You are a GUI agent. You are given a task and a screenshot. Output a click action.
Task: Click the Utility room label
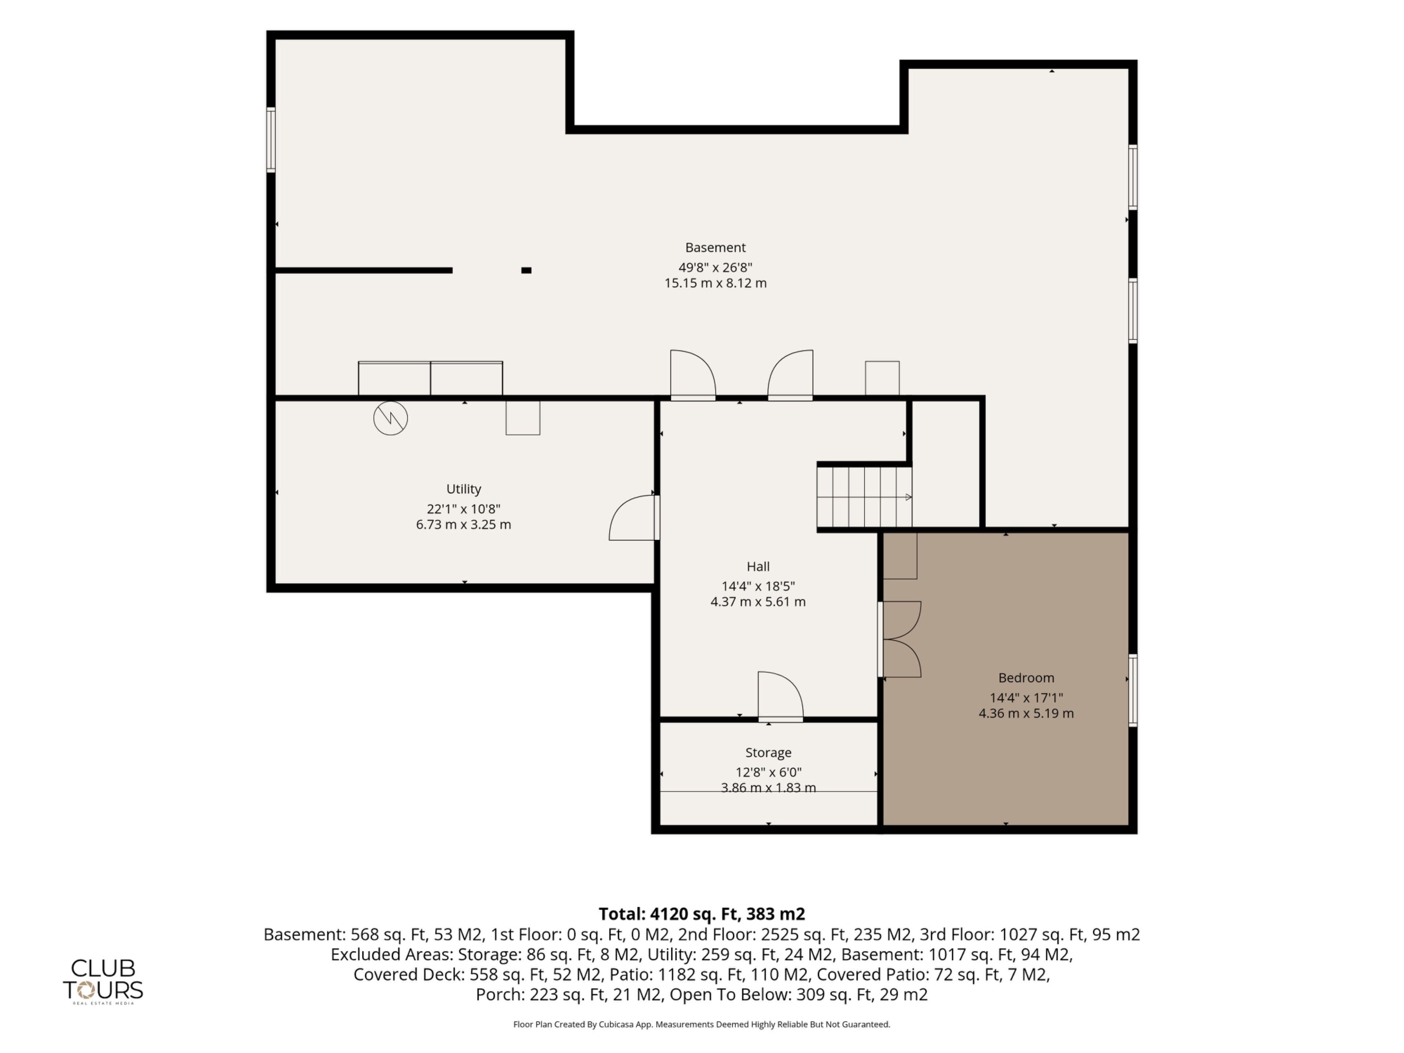click(x=463, y=489)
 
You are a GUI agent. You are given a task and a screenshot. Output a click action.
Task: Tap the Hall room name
click(x=758, y=566)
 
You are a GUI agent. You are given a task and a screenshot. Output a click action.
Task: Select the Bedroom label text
click(x=1026, y=677)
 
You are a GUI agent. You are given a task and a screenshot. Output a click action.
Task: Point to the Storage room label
click(x=768, y=752)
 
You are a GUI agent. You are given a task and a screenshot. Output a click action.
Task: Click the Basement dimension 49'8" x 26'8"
click(x=715, y=267)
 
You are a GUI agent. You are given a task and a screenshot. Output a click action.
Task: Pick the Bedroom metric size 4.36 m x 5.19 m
click(x=1026, y=713)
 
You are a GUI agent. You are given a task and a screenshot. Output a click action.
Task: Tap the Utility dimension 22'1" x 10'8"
click(x=463, y=509)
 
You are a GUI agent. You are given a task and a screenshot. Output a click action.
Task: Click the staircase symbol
click(x=864, y=497)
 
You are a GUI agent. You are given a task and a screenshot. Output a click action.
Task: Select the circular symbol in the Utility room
click(x=390, y=418)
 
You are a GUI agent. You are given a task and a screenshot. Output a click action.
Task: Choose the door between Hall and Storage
click(x=781, y=696)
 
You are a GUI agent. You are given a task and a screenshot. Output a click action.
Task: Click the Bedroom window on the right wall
click(x=1132, y=690)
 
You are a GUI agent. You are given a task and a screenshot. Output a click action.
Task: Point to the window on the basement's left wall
click(x=271, y=140)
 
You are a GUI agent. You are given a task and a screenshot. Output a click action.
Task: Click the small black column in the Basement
click(x=526, y=271)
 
